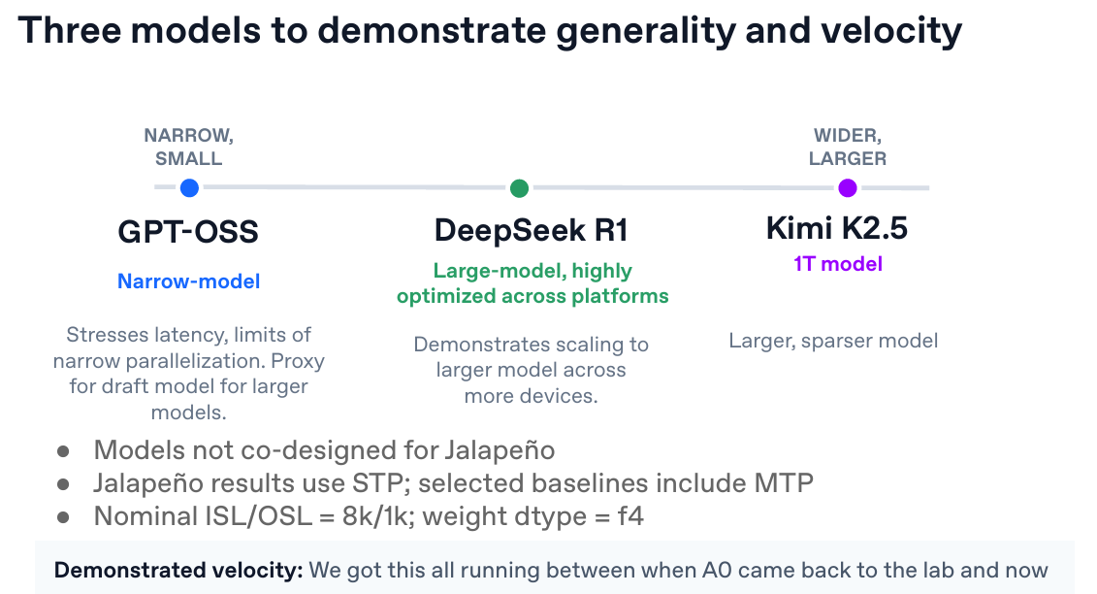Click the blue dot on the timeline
189,187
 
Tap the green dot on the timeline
519,187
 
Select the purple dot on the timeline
847,187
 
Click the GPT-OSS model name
188,232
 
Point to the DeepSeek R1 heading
531,230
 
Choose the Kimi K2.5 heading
837,228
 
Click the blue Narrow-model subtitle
189,280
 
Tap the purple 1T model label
838,264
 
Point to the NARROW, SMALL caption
189,148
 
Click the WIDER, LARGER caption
847,148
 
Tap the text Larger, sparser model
833,341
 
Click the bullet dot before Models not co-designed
63,451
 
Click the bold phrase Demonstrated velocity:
178,570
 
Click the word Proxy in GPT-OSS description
298,361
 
